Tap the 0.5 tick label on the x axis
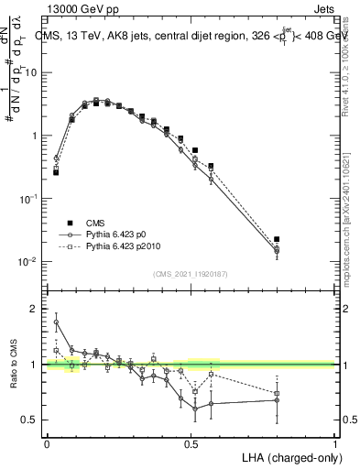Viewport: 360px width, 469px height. [191, 443]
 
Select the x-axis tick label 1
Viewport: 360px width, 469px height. [335, 443]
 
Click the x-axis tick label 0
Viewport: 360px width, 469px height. [47, 443]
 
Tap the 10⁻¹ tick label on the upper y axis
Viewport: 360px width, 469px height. [28, 199]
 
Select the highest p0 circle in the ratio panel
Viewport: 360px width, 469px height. [56, 322]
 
